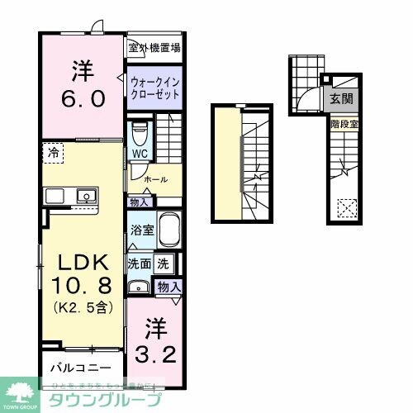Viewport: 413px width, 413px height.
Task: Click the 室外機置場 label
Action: [x=154, y=48]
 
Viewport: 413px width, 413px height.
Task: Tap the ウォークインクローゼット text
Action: [x=154, y=87]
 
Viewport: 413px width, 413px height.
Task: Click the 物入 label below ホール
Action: [x=139, y=202]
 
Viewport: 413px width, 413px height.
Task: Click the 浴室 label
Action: [x=139, y=230]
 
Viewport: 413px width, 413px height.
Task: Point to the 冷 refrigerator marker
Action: [x=53, y=152]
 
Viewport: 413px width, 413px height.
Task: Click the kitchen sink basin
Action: [x=84, y=196]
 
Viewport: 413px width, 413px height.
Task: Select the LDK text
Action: [x=81, y=263]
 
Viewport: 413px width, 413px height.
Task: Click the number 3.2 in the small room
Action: [x=154, y=338]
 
